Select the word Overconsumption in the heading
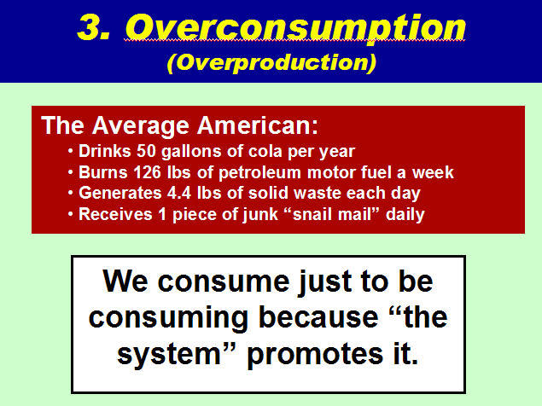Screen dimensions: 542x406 [x=295, y=29]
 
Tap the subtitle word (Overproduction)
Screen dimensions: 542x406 [x=271, y=62]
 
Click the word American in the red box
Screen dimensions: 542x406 [x=257, y=125]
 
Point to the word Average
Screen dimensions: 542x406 [x=141, y=126]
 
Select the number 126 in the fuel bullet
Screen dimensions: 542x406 [x=148, y=172]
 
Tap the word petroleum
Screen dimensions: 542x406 [x=259, y=173]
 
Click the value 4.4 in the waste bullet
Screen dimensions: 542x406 [x=179, y=193]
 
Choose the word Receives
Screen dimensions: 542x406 [x=115, y=214]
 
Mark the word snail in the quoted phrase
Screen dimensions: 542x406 [x=312, y=214]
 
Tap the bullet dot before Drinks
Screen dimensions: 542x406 [x=71, y=151]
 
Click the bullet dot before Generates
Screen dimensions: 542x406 [x=71, y=193]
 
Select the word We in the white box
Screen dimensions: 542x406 [x=125, y=281]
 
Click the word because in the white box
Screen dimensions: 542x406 [x=318, y=317]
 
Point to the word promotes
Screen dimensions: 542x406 [x=315, y=355]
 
